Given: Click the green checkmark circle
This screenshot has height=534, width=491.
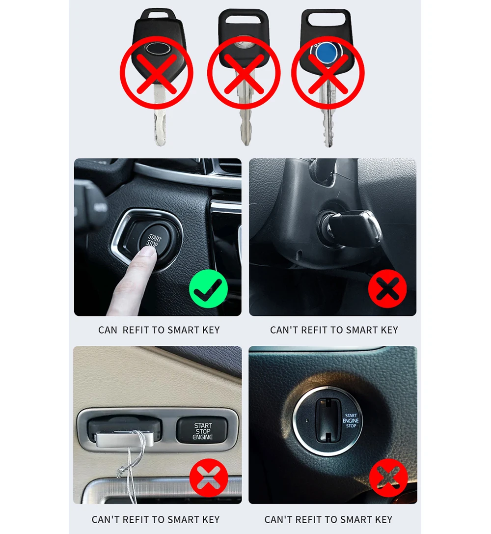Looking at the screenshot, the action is [208, 289].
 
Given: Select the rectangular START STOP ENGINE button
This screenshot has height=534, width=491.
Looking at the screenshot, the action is [202, 431].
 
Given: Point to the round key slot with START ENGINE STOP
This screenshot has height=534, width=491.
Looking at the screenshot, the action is [328, 421].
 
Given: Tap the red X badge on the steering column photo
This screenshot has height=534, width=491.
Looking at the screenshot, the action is [387, 289].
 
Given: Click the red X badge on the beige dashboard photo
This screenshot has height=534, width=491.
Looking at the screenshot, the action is [209, 478].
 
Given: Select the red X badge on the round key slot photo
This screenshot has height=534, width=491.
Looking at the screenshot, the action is [388, 478].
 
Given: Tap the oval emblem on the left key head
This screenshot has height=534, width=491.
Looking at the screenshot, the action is [157, 49].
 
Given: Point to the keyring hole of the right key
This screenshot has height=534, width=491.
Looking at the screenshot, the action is [326, 19].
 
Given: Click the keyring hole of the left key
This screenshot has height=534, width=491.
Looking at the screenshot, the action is [158, 15].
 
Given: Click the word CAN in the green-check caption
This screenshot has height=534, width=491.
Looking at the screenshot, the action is [108, 330].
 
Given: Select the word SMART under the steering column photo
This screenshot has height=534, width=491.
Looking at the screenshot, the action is [362, 330].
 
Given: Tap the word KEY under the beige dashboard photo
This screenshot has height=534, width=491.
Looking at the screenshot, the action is [211, 520].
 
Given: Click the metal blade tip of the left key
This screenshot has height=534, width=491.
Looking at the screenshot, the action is [160, 142].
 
